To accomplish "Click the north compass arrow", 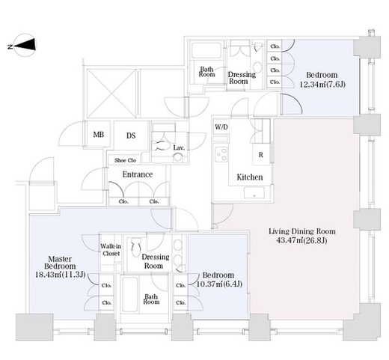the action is (25, 45).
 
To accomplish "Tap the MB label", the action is (99, 135).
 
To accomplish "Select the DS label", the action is (131, 135).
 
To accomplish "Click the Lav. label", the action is (179, 147).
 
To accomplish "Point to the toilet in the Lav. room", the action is (161, 145).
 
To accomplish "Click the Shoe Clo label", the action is (125, 160).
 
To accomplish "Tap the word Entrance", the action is (138, 174).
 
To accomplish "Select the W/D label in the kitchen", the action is (221, 127).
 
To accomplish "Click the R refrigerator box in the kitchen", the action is (261, 155).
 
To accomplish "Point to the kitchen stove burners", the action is (221, 154).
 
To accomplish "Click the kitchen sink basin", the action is (254, 192).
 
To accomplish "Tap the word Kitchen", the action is (250, 177).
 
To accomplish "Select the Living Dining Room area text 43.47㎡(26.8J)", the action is (301, 240).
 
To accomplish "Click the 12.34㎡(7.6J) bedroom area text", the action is (322, 85).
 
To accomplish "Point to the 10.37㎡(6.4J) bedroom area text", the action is (219, 284).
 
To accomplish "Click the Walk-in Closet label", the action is (111, 250).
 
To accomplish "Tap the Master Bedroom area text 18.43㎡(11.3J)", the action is (61, 275).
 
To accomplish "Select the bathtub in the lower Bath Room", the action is (130, 294).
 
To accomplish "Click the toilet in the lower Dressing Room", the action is (136, 247).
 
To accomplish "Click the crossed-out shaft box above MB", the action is (111, 94).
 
